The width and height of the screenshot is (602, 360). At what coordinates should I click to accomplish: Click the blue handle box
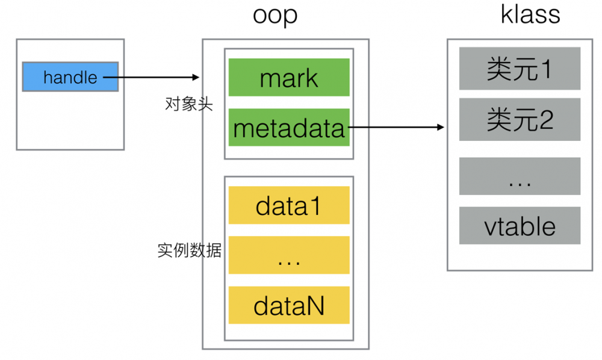click(70, 77)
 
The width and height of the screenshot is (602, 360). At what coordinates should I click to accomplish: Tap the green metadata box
click(289, 128)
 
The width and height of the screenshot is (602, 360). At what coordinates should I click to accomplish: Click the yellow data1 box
click(289, 206)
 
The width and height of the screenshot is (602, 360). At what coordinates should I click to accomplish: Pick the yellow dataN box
click(289, 305)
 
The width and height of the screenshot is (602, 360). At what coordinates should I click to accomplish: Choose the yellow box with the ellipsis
click(289, 256)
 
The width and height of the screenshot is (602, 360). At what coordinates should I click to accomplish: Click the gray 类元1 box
click(520, 69)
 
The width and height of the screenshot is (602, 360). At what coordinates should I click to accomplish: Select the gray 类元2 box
click(520, 119)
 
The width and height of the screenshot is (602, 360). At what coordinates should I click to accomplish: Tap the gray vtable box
click(520, 226)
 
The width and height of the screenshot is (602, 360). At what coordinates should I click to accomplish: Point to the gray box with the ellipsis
click(520, 176)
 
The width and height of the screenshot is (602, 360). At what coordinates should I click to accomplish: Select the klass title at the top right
click(530, 14)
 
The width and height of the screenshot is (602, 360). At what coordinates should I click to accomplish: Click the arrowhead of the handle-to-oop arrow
click(196, 77)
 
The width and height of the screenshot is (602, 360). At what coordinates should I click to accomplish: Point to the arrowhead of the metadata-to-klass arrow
click(441, 127)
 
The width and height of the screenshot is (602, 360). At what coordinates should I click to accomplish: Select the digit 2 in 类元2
click(545, 120)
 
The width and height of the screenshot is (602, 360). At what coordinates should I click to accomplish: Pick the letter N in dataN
click(315, 305)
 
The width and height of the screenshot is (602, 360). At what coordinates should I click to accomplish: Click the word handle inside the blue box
click(70, 77)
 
